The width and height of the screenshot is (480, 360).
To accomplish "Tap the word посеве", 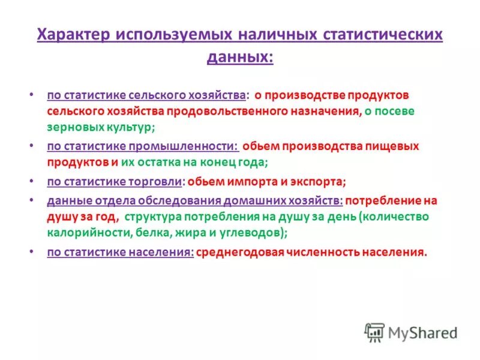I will pyautogui.click(x=397, y=112).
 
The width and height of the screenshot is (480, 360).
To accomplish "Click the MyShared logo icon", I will pyautogui.click(x=374, y=332).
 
